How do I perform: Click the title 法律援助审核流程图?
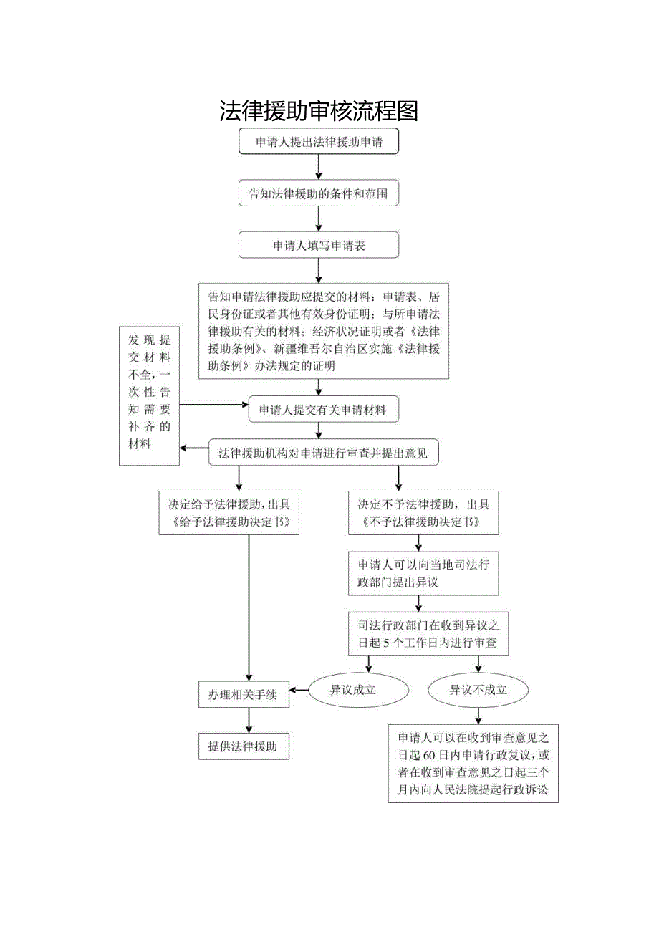click(318, 110)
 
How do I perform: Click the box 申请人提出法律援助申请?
click(318, 142)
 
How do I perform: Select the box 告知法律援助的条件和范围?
click(318, 193)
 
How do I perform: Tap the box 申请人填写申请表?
click(318, 245)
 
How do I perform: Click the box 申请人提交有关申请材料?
click(322, 410)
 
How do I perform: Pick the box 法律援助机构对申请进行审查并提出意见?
click(322, 453)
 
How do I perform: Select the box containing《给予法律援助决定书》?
click(229, 513)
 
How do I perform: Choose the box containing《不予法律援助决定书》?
click(423, 513)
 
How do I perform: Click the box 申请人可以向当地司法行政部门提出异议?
click(423, 574)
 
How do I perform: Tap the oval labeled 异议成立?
click(352, 691)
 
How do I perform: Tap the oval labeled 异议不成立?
click(478, 691)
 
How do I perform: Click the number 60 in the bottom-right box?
click(430, 754)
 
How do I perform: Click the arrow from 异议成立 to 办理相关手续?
click(299, 691)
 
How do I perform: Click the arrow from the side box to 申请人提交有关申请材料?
click(213, 405)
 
